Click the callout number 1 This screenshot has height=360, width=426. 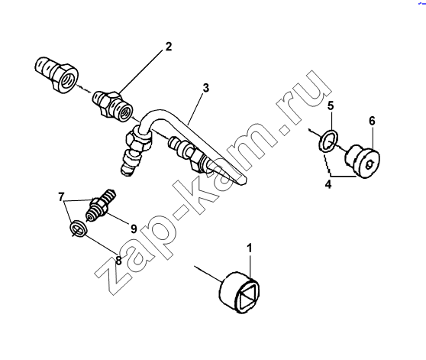(x=249, y=248)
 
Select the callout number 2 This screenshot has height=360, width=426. (x=169, y=47)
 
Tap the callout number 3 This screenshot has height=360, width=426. (x=206, y=89)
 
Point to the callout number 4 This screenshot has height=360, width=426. (x=328, y=185)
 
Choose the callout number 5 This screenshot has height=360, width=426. (x=331, y=105)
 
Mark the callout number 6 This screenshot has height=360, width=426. (x=372, y=121)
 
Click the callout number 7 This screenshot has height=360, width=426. (x=61, y=196)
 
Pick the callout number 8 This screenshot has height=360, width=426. (x=119, y=261)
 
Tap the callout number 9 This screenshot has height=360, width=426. (x=134, y=229)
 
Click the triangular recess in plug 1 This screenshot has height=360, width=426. (x=247, y=296)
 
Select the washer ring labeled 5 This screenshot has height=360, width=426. (x=328, y=141)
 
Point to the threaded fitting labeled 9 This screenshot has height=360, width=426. (x=101, y=206)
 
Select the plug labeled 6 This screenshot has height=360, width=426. (x=363, y=161)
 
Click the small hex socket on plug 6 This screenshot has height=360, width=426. (x=370, y=164)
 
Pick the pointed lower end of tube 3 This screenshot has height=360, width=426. (x=243, y=182)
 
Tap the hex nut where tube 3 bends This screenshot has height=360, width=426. (x=137, y=141)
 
